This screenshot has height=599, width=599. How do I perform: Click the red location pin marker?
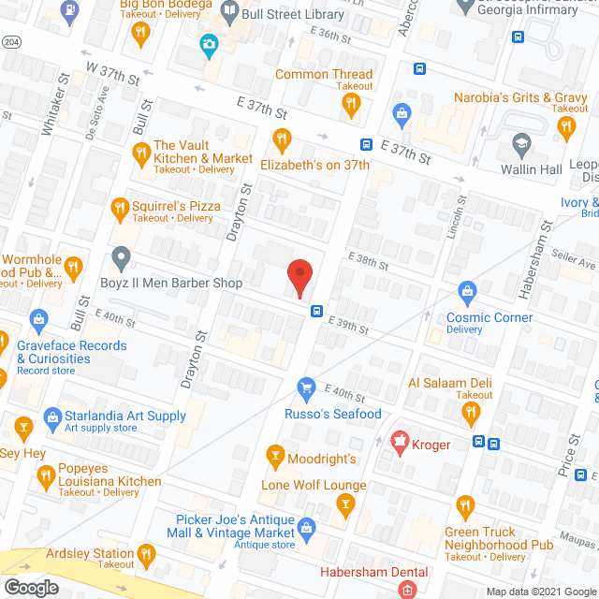299,276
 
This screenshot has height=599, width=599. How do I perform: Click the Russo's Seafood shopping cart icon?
305,387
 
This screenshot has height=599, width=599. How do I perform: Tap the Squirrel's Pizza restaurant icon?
119,207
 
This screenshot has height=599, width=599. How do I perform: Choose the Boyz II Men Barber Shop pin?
119,256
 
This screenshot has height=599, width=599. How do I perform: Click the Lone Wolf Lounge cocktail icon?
345,507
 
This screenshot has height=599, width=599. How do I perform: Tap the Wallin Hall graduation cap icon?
520,144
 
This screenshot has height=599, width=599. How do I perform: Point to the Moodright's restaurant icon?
275,458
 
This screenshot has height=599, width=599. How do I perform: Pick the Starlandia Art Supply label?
124,416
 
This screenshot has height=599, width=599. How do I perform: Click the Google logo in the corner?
31,588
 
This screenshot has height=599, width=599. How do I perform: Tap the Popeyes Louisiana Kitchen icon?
44,479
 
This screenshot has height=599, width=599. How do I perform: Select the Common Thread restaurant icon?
351,105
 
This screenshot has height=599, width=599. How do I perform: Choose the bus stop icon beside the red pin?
317,312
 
